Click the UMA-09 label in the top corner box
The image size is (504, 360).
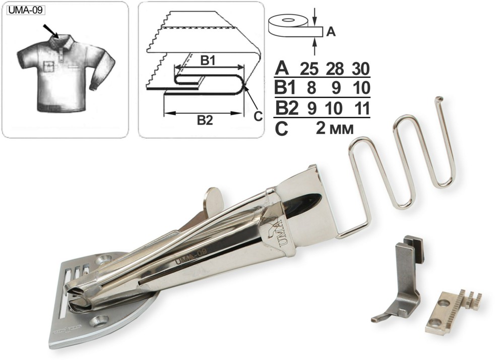(25, 10)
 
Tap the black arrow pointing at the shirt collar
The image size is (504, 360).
(51, 31)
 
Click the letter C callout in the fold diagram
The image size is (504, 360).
(258, 116)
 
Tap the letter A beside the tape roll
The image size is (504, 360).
(331, 32)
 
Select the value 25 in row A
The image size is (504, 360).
(309, 69)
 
